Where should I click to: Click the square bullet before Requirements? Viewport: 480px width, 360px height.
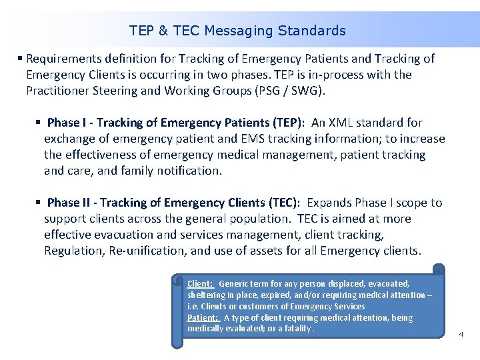pyautogui.click(x=21, y=59)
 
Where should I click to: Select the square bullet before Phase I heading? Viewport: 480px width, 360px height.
pyautogui.click(x=39, y=123)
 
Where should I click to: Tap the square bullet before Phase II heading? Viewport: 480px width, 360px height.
pyautogui.click(x=39, y=203)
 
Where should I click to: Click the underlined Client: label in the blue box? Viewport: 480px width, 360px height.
pyautogui.click(x=201, y=283)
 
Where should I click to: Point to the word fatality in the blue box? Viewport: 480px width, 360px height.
pyautogui.click(x=296, y=329)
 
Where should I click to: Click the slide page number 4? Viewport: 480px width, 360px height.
pyautogui.click(x=461, y=334)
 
